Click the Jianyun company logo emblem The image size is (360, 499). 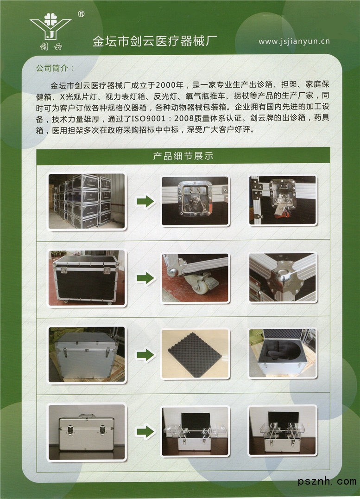[x=51, y=31]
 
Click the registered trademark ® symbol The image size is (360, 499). [x=82, y=14]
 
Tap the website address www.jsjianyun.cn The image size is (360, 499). [x=294, y=41]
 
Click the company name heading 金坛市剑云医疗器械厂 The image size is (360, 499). [x=155, y=41]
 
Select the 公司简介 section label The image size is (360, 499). [x=55, y=68]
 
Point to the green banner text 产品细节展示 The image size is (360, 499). [x=183, y=156]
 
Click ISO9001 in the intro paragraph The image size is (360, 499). [x=149, y=119]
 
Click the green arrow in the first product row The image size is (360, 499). [x=145, y=201]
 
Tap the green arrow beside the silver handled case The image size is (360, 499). [x=145, y=432]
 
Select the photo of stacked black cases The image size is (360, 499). [x=87, y=201]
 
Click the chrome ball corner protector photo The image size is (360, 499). [x=283, y=277]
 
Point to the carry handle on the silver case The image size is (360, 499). [x=87, y=416]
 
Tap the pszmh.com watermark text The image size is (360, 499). [x=327, y=481]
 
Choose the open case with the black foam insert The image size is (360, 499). [x=283, y=353]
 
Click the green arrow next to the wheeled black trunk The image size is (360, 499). [x=145, y=278]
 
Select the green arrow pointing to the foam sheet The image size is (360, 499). [x=145, y=355]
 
